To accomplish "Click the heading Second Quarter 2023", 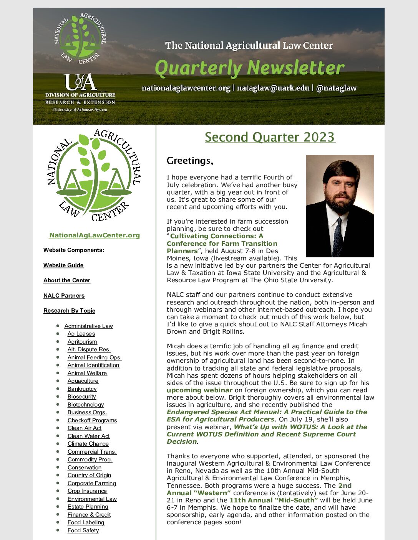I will [x=270, y=137].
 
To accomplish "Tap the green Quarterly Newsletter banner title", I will [x=249, y=68].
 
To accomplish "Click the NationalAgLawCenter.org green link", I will [x=95, y=235].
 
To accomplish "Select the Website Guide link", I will [x=63, y=265].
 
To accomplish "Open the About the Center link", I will [x=67, y=280].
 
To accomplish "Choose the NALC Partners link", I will [x=64, y=296].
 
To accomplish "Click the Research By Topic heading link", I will [x=69, y=311].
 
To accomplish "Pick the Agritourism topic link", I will [x=82, y=342].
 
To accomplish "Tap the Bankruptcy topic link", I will [x=82, y=389].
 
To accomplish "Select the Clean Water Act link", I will [x=88, y=436].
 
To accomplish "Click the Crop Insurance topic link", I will [x=87, y=491].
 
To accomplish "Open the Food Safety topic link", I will [x=83, y=530].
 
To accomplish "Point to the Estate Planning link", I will [x=88, y=507].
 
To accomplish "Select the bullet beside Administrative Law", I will [x=58, y=326].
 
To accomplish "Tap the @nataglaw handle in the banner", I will [x=336, y=88].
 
